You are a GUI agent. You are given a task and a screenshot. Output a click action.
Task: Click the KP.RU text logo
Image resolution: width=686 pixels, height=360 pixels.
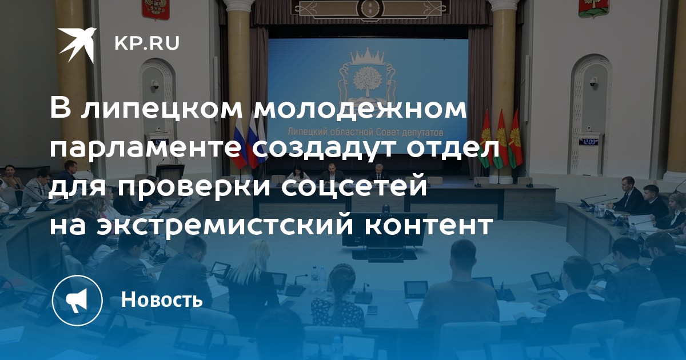(x=147, y=43)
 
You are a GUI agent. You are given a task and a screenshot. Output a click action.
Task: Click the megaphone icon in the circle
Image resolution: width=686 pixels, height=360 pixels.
(x=77, y=300)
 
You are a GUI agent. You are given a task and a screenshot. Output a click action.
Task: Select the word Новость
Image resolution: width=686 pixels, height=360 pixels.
(x=162, y=299)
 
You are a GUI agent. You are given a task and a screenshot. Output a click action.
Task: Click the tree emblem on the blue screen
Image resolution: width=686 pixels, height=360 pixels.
(x=367, y=79)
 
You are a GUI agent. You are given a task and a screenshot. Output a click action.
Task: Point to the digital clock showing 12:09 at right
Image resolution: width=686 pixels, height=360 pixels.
(x=589, y=142)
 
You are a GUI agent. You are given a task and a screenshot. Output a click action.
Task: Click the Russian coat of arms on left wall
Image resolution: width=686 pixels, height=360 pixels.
(x=155, y=9)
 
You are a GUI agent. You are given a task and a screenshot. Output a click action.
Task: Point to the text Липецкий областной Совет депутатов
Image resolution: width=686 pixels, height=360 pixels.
(x=365, y=132)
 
